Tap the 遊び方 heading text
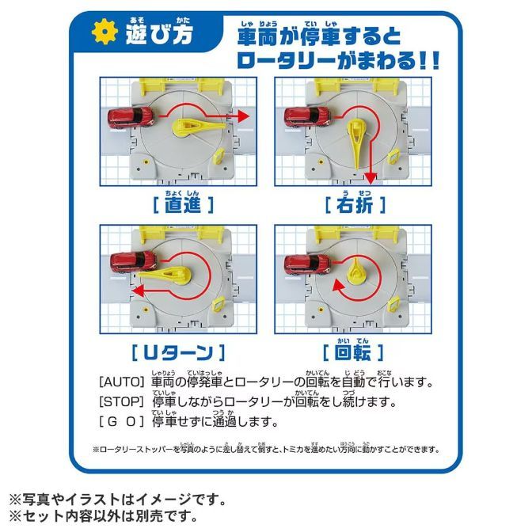(158, 36)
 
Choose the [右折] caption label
(354, 204)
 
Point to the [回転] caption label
(353, 351)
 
